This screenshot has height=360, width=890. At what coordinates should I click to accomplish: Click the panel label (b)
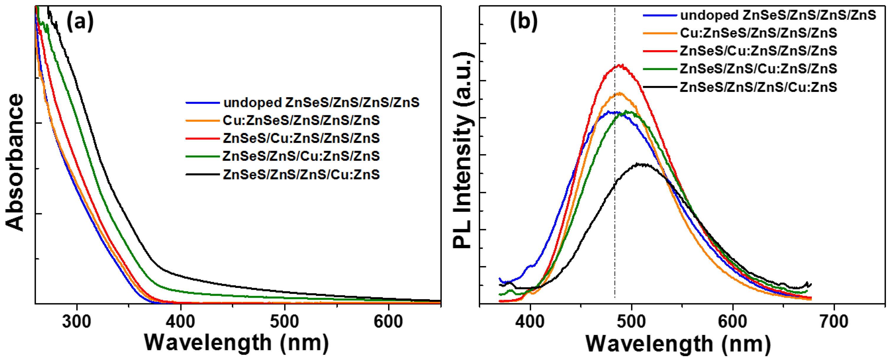523,22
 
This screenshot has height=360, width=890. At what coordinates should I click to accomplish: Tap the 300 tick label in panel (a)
77,321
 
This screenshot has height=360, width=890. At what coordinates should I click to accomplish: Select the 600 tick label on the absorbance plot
388,321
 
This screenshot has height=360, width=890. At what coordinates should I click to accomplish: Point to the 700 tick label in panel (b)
834,322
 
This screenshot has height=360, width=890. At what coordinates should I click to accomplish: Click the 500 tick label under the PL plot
632,322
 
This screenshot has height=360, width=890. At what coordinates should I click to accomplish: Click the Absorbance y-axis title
14,162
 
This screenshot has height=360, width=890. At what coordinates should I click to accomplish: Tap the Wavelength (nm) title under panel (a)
236,343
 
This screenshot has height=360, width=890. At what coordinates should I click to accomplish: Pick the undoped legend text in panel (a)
321,102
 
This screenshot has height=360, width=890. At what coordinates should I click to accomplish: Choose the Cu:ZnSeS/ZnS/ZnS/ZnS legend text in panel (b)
758,33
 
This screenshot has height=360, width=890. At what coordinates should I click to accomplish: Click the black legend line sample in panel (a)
203,175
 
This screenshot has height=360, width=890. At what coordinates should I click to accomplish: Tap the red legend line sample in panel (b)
659,51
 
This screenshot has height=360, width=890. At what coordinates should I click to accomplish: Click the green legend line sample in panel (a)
203,157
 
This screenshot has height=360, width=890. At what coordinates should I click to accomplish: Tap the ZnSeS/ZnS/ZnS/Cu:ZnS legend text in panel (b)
758,87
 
